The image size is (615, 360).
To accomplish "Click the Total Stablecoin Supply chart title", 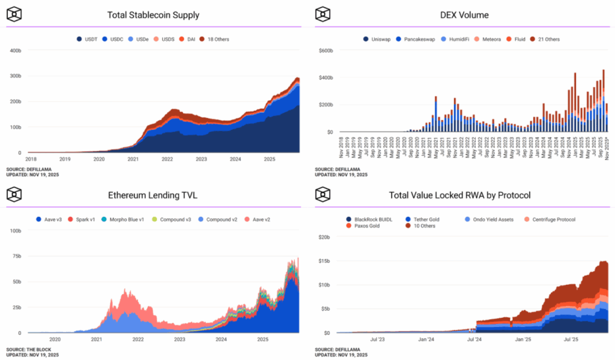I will pos(153,15).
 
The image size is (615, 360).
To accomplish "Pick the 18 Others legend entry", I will pos(214,39).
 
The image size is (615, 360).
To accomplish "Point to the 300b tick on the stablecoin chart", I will pos(16,76).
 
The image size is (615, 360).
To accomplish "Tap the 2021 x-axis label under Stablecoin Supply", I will pos(133,160).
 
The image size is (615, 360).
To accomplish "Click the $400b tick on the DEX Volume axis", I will pos(326,78).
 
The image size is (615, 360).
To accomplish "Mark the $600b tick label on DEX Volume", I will pos(326,50).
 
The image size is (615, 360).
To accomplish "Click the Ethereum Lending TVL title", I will pos(153,195).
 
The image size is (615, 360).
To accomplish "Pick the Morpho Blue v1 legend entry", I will pos(123,219).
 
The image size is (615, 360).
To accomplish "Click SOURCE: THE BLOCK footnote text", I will pos(29,350).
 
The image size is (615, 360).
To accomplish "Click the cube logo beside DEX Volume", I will pos(323,14).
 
